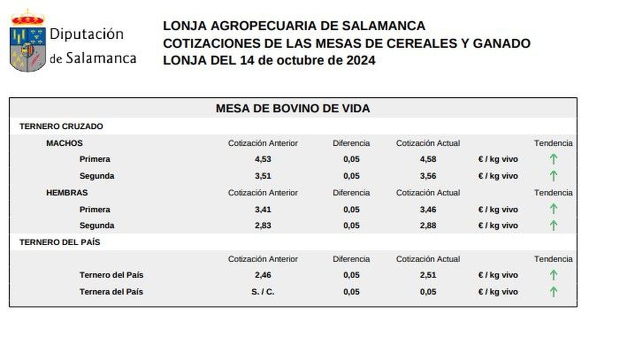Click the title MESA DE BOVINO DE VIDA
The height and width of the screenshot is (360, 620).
point(293,108)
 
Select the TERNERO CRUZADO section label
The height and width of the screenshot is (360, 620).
point(61,126)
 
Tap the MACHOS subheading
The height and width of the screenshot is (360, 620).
point(64,143)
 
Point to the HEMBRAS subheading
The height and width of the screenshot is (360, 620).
point(67,193)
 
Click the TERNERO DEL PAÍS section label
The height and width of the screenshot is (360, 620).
point(60,242)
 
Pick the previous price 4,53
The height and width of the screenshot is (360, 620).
point(263,159)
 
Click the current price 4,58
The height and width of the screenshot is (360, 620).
point(428,159)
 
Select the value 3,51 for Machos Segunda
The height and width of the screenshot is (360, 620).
point(263,176)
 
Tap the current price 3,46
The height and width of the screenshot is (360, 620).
point(428,210)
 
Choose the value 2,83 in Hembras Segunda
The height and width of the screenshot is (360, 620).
point(263,226)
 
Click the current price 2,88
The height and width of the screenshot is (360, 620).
point(428,226)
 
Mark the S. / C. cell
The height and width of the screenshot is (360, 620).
point(263,292)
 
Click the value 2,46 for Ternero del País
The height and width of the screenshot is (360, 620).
point(263,275)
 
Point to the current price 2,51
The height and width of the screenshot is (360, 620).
point(428,275)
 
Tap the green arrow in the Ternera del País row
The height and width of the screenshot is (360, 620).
point(553,291)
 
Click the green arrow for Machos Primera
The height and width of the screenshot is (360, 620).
point(553,159)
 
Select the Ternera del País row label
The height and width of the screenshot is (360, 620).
point(111,292)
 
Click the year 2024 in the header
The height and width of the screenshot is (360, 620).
point(360,60)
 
